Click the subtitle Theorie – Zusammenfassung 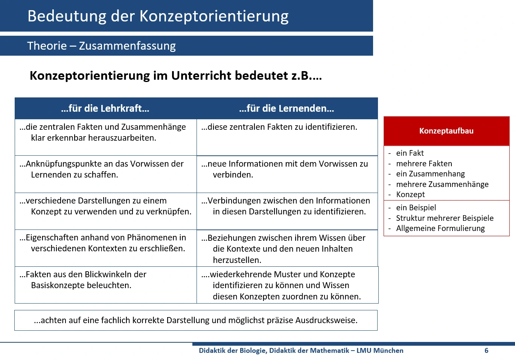[x=101, y=46]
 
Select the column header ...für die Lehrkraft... [x=105, y=109]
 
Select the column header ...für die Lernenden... [x=286, y=109]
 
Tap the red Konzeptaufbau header [x=446, y=131]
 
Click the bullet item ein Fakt [x=410, y=153]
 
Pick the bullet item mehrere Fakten [x=424, y=164]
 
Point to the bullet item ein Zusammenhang [x=430, y=174]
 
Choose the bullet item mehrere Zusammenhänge [x=442, y=184]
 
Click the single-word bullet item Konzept [x=410, y=194]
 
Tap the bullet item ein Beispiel [x=416, y=208]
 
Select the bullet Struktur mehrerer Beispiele [x=445, y=218]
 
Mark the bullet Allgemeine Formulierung [x=440, y=228]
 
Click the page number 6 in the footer [x=486, y=351]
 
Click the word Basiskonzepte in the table [x=60, y=286]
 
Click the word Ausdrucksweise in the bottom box [x=326, y=321]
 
